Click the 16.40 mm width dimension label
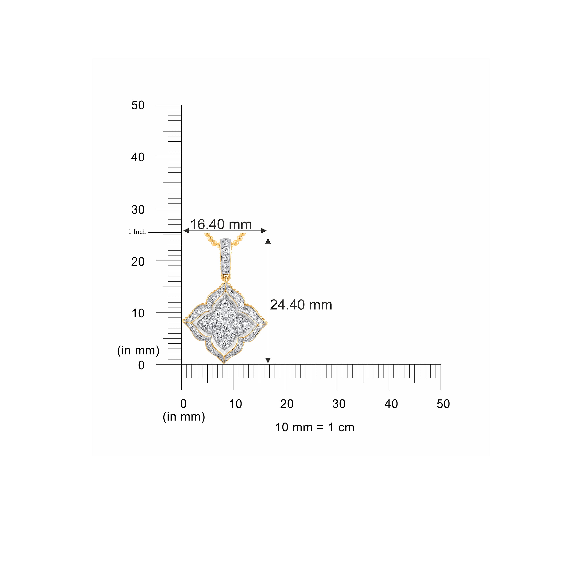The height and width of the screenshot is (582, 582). click(221, 224)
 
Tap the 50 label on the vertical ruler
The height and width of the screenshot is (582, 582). click(138, 105)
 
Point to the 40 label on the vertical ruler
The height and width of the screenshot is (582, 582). click(138, 157)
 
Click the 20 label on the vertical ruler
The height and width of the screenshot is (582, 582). click(138, 262)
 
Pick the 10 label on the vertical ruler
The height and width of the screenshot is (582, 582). click(138, 313)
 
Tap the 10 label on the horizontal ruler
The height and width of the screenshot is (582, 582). click(236, 404)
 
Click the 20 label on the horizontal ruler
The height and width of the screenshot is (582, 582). click(287, 404)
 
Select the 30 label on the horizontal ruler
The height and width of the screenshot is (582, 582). click(339, 404)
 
